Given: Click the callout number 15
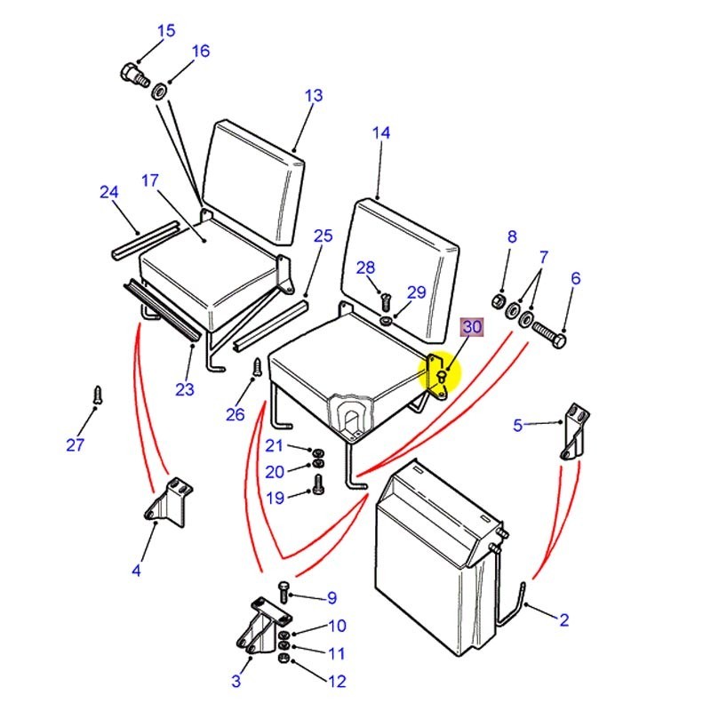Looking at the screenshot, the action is tap(166, 31).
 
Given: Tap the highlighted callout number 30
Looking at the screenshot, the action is tap(472, 327).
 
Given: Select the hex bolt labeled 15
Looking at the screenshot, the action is tap(135, 76).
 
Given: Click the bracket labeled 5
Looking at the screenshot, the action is tap(575, 432).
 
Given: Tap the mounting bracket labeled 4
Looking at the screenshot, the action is tap(169, 502).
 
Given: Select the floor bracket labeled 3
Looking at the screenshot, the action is tap(263, 625).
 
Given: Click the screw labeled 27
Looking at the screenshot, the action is tap(98, 395).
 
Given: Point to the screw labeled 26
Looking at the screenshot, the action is tap(258, 367).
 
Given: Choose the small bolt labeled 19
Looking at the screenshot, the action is tap(318, 485).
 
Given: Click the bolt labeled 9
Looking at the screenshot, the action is tap(284, 591).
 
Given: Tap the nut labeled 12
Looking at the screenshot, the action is tap(283, 658).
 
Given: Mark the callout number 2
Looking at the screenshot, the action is tap(563, 619).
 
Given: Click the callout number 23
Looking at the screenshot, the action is tap(185, 389).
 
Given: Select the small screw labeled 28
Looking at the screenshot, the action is tap(386, 302).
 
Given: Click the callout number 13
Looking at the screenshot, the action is tap(314, 96).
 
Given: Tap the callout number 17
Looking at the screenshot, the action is tap(150, 180).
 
